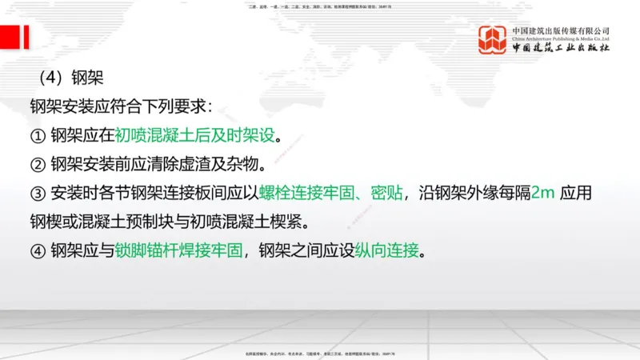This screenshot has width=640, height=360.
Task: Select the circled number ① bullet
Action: [38, 134]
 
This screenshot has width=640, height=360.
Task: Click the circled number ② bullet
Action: [38, 163]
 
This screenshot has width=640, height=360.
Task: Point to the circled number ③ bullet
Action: [38, 193]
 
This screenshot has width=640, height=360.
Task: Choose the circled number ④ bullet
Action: [38, 251]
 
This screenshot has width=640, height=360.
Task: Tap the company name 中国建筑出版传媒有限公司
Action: [561, 30]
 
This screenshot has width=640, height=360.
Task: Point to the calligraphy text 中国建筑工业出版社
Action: [561, 48]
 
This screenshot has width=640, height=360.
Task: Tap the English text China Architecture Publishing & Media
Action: [561, 38]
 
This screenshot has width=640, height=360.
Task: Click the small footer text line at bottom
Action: [320, 352]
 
